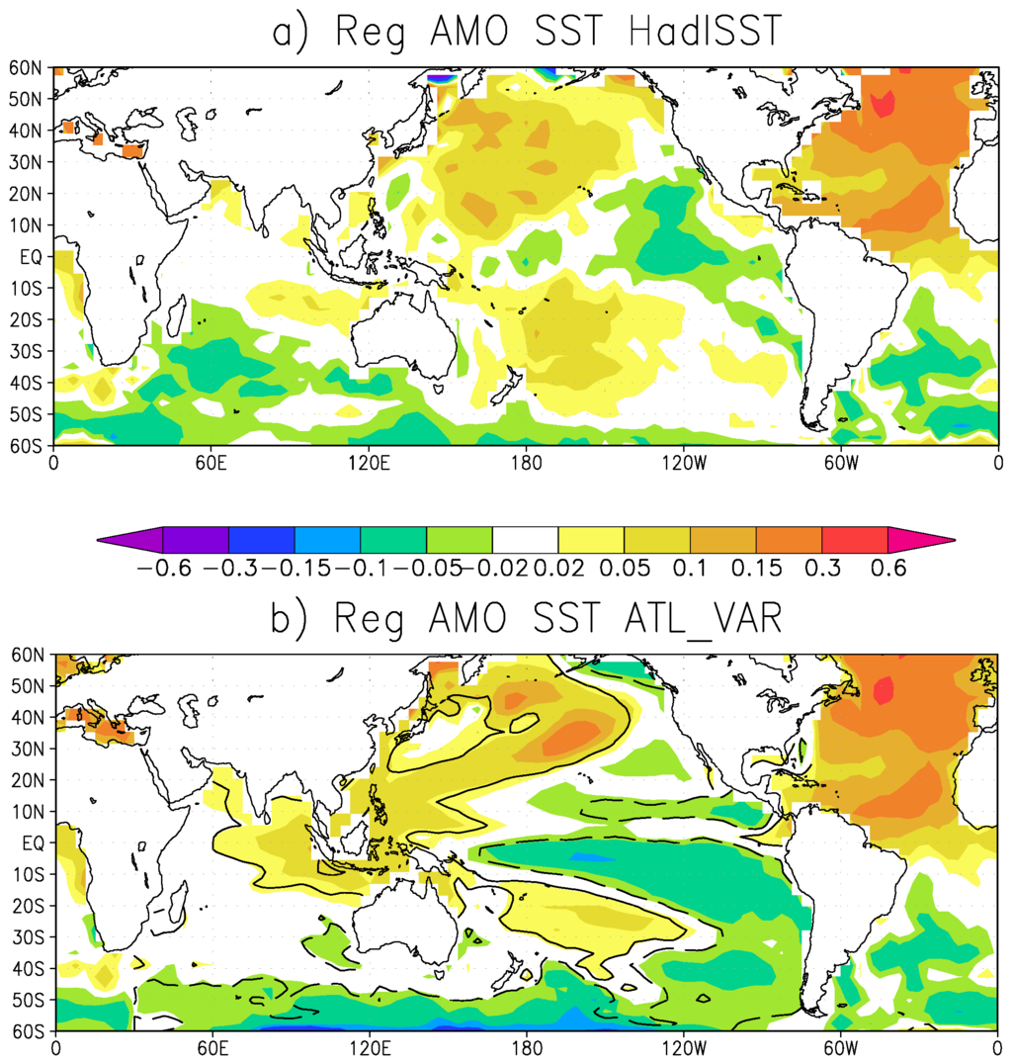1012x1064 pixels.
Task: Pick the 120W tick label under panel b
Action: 683,1046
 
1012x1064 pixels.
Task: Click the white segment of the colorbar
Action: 525,540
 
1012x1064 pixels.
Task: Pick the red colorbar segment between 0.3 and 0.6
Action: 854,540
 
